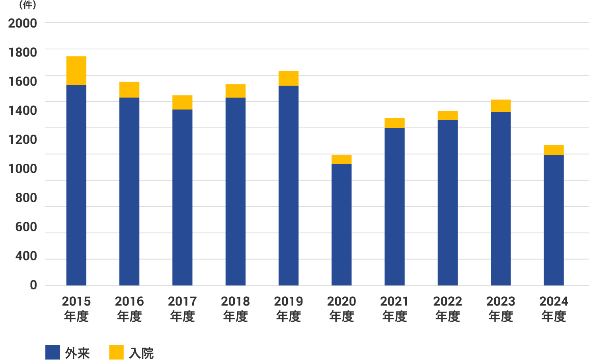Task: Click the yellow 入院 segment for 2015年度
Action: click(76, 70)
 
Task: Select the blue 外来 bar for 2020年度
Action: click(341, 225)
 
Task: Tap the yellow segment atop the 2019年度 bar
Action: click(289, 78)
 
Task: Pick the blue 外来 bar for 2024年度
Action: click(554, 220)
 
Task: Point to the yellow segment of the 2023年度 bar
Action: click(501, 106)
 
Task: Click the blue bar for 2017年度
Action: click(182, 197)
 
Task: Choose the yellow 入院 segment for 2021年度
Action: click(394, 123)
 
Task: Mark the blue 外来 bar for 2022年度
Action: click(447, 202)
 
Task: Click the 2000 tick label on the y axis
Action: click(23, 23)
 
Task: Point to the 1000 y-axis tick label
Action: click(23, 169)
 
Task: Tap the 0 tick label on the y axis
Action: click(33, 285)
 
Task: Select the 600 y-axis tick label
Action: click(26, 227)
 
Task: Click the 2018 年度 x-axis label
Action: click(235, 309)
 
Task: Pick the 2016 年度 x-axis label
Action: click(129, 309)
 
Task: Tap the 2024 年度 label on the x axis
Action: click(554, 309)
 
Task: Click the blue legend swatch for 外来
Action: click(53, 352)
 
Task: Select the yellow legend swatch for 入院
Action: click(116, 352)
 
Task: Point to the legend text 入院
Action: click(141, 353)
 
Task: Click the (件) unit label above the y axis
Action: click(27, 5)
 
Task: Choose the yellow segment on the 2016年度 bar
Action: click(129, 90)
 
